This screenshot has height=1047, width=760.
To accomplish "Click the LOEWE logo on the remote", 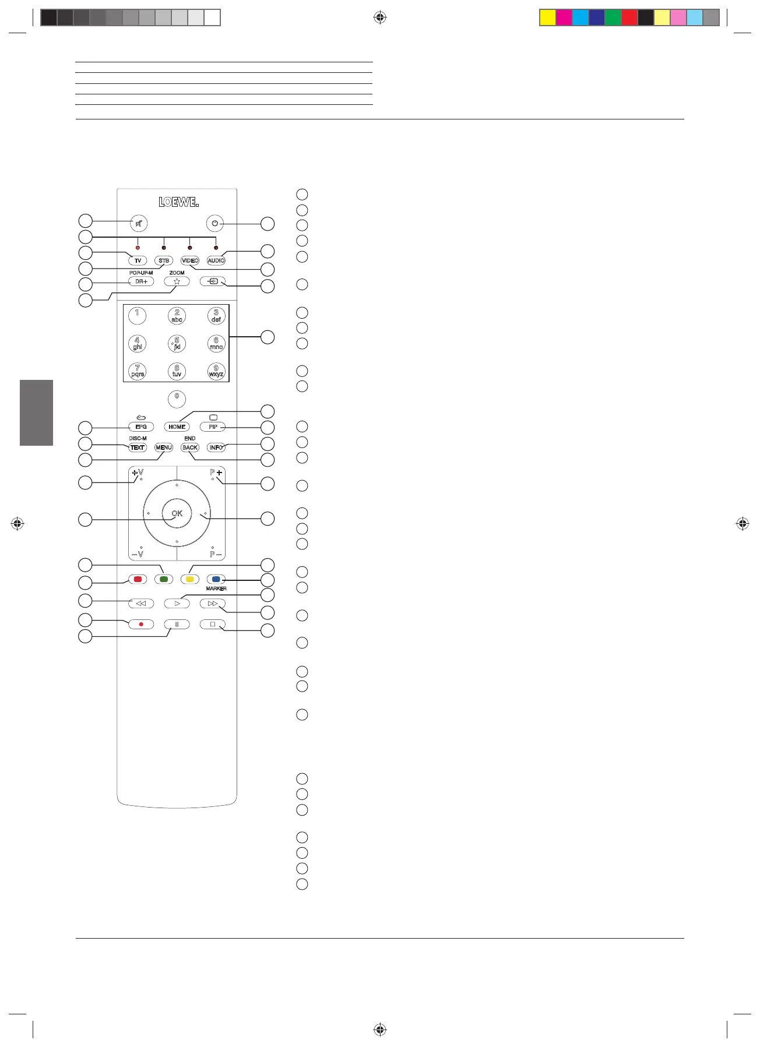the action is tap(179, 202).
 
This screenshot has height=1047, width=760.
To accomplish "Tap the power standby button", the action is tap(215, 223).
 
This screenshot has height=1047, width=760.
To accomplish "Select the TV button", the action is tap(138, 260).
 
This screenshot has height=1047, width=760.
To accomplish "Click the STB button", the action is tap(164, 260).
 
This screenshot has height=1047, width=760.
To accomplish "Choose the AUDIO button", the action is tap(216, 260).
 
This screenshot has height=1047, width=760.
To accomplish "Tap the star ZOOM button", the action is tap(177, 281).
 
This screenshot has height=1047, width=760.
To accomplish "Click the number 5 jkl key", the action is tap(177, 344).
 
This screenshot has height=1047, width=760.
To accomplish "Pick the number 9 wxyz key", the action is tap(216, 371).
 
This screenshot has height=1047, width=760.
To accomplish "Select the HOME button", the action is tap(177, 427).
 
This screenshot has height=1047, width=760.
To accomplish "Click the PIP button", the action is tap(213, 427).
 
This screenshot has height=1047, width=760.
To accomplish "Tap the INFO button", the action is tap(216, 447).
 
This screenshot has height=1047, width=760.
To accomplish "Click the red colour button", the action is tap(138, 580).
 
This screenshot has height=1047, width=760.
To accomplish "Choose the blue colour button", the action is tap(216, 580).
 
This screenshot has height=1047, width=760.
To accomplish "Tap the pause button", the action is tap(177, 625).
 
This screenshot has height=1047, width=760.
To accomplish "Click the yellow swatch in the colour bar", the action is tap(547, 17).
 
